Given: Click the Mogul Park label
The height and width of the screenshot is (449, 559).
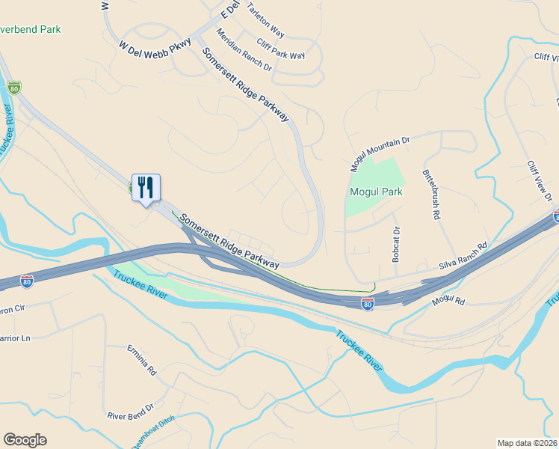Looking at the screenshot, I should click(376, 192).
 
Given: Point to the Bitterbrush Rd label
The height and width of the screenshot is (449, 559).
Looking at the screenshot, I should click(431, 193).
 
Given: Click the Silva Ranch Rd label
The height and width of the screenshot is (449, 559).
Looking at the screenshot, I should click(463, 256).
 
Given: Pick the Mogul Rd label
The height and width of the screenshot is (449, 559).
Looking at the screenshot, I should click(448, 301).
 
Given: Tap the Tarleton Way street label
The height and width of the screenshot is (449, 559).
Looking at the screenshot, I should click(265, 23).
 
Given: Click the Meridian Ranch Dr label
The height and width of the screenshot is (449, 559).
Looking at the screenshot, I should click(244, 49).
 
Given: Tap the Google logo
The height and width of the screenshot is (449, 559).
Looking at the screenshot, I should click(25, 440).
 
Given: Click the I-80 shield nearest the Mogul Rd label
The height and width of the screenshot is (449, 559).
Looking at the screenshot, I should click(367, 303).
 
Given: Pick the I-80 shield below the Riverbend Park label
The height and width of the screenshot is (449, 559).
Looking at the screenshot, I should click(13, 88).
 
